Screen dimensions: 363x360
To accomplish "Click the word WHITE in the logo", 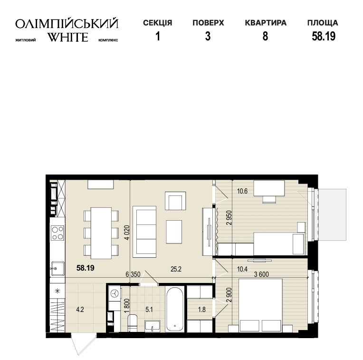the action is pos(68,37).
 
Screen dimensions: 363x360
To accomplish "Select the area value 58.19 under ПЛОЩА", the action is pos(324,36).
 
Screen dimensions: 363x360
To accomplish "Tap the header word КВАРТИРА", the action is pos(266,23).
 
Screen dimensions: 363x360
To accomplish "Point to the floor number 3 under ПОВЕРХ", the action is pos(208,36).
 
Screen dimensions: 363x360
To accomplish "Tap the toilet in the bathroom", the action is pos(133,323).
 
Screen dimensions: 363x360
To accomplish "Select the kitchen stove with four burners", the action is pos(57,233).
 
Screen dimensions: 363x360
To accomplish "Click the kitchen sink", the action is pos(57,269).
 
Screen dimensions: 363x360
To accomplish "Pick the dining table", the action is pos(101,233).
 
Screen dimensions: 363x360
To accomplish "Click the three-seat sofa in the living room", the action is pos(144,232).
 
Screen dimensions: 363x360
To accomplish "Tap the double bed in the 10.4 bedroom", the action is pos(260,305).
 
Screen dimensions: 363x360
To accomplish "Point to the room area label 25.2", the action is pos(176,269).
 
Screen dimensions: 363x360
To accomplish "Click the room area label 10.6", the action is pos(242,191).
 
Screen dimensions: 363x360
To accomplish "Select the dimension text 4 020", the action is pos(127,233).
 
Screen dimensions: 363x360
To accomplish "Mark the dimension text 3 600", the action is pos(261,274).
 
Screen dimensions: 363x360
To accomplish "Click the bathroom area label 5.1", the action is pos(149,310).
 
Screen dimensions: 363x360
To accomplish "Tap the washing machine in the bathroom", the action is pos(115,294).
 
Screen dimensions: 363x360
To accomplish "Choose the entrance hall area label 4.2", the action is pos(80,310).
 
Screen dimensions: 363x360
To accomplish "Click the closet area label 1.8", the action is pos(202,310).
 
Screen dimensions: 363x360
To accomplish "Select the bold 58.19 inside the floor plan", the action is pos(86,268).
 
